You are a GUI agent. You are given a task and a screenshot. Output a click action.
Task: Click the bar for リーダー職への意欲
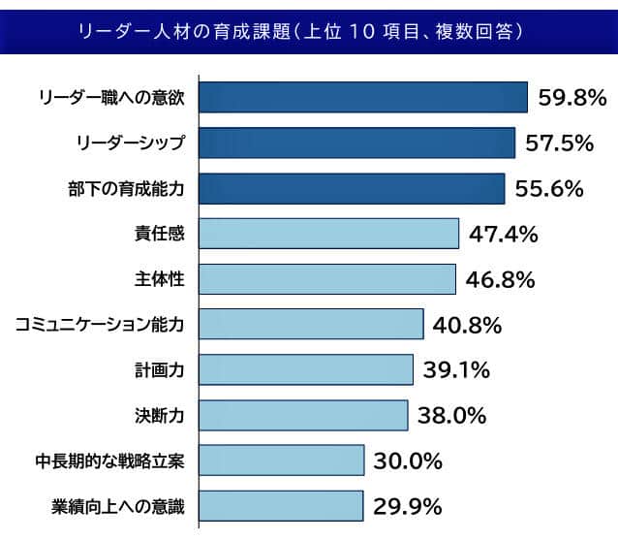pos(362,97)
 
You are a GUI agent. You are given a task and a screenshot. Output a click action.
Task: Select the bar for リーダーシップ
pos(356,143)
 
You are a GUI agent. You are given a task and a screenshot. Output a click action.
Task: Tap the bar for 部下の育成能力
pos(352,188)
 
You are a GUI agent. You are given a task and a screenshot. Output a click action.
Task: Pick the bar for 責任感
pos(328,234)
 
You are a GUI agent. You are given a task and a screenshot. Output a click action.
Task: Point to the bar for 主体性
pos(326,279)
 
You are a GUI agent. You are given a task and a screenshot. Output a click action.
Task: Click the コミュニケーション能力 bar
pos(311,325)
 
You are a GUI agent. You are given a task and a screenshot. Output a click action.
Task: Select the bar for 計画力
pos(306,369)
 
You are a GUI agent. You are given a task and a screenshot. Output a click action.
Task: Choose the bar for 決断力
pos(303,415)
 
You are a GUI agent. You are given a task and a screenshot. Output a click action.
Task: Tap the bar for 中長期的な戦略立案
pos(281,461)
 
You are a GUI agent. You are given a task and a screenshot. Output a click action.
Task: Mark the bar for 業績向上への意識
pos(281,506)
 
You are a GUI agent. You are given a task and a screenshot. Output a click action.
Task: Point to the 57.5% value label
pos(559,143)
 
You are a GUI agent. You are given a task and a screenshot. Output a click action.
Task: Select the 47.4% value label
pos(503,235)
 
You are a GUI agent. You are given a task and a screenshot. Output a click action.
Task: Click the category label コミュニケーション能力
pos(100,325)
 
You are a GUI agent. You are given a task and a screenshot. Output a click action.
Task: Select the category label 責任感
pos(160,234)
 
